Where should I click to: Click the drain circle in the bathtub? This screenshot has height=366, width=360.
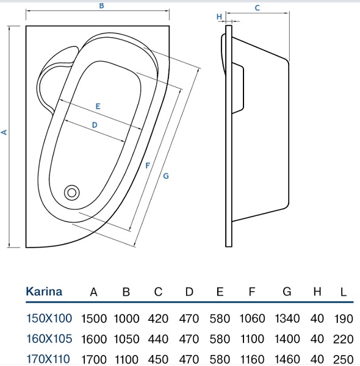73,192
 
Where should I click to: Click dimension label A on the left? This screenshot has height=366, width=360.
4,132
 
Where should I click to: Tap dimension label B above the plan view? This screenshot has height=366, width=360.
101,6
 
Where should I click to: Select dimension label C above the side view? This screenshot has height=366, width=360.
257,8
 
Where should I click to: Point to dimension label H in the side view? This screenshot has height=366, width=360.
219,17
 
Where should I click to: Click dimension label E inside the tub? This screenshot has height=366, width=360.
98,106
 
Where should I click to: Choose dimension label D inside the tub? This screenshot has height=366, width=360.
95,124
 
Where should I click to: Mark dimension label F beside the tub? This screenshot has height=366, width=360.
148,165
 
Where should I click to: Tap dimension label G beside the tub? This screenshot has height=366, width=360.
165,176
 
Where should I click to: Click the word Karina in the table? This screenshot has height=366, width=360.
44,292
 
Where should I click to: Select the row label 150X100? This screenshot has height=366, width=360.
49,318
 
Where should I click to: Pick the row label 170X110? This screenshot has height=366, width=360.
49,359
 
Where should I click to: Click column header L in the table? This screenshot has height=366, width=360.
344,292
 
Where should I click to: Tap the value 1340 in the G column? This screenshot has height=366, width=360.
286,318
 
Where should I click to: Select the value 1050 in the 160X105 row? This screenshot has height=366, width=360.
126,339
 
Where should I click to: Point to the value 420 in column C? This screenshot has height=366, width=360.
158,318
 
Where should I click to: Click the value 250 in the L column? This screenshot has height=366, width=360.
344,359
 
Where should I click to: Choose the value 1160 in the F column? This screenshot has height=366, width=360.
252,359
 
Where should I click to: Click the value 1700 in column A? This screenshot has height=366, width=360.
94,359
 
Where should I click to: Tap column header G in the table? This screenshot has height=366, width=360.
286,292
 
